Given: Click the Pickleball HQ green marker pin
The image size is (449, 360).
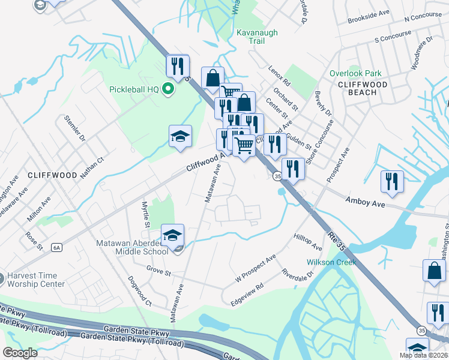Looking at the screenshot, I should pos(168,89).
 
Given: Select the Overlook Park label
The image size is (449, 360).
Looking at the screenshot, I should pos(355,73).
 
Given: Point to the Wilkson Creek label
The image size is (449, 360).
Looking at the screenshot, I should pos(331,262).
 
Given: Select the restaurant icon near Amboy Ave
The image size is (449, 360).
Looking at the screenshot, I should pos(392,182).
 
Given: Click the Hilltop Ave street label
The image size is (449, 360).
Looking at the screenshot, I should pos(308,242).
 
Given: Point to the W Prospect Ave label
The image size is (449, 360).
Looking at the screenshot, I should pos(255,269).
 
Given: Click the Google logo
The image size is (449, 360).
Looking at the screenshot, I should pos(20,353).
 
